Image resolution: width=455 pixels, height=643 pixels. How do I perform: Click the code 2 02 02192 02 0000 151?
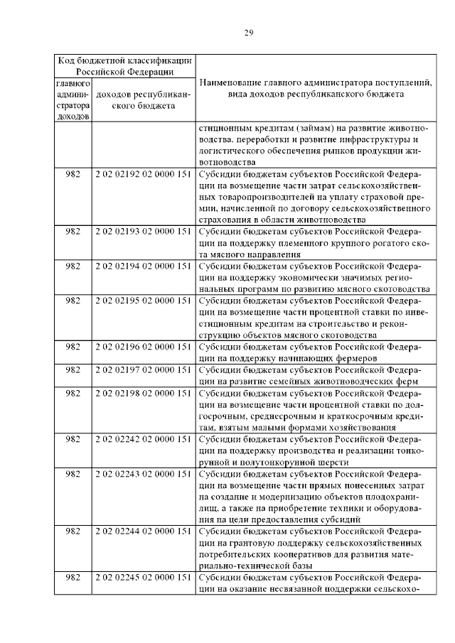click(x=143, y=174)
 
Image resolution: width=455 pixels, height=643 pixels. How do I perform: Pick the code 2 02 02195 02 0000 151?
click(x=143, y=301)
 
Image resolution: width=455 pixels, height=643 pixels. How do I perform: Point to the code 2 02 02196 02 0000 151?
click(x=143, y=347)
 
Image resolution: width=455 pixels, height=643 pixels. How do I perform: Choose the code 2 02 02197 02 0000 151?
click(x=143, y=370)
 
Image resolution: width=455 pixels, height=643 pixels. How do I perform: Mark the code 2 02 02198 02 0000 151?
click(x=143, y=393)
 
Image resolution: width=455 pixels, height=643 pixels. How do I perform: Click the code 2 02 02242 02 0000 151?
click(x=143, y=439)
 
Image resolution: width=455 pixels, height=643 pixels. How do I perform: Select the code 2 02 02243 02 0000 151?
click(x=143, y=474)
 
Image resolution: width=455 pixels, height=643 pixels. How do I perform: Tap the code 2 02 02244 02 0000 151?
click(x=143, y=531)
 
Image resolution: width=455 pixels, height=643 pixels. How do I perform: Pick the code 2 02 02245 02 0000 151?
click(x=143, y=577)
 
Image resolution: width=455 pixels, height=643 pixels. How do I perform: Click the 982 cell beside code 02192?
click(x=73, y=174)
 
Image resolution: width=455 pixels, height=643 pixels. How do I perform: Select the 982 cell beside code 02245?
click(x=73, y=577)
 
